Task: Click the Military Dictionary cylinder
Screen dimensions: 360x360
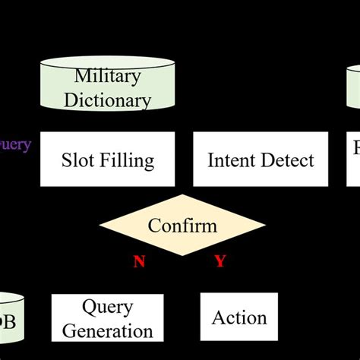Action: coord(107,85)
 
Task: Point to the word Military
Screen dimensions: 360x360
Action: coord(107,76)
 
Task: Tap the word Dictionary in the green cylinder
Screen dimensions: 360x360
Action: coord(107,99)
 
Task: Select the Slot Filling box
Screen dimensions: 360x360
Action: coord(107,160)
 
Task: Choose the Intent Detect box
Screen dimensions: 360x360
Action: coord(260,160)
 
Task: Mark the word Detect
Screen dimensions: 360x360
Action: coord(288,160)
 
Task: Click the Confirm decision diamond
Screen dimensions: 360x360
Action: coord(182,226)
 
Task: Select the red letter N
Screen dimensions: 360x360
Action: coord(139,262)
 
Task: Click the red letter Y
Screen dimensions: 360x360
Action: coord(220,262)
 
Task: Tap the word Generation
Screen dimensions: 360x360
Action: coord(107,330)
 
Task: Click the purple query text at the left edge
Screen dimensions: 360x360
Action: coord(15,144)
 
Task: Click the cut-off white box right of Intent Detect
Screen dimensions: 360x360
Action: coord(353,160)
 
